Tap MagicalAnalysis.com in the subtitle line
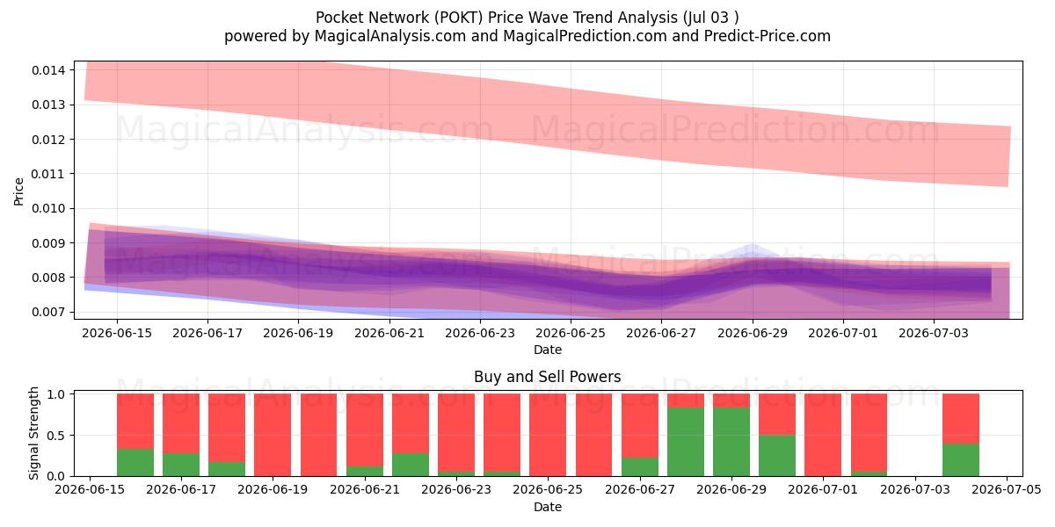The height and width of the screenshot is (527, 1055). [x=390, y=36]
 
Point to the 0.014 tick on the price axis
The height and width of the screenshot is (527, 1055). [x=48, y=70]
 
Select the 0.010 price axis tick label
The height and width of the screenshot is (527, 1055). [x=48, y=208]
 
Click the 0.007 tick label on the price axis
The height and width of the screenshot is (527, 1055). [x=48, y=312]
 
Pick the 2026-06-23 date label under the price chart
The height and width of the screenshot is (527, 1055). [x=480, y=333]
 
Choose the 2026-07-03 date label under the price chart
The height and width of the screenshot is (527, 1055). [x=934, y=333]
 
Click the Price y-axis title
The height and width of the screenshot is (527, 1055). [x=18, y=191]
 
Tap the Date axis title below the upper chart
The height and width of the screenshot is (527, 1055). [x=548, y=350]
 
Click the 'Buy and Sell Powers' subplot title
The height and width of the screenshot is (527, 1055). [x=547, y=377]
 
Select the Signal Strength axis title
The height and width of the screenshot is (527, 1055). [x=33, y=433]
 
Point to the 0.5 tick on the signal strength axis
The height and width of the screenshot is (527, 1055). [x=56, y=436]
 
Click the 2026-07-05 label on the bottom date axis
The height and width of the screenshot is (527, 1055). [x=1007, y=490]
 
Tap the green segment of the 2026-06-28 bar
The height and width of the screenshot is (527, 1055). [x=686, y=442]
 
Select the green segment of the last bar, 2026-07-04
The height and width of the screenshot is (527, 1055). [x=961, y=459]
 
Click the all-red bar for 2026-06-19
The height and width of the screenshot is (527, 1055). [x=273, y=435]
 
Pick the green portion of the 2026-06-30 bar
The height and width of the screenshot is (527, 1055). [x=777, y=456]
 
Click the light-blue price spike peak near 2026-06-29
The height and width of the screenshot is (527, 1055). [x=753, y=246]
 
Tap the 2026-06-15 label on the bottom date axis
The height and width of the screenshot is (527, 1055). [x=90, y=490]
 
